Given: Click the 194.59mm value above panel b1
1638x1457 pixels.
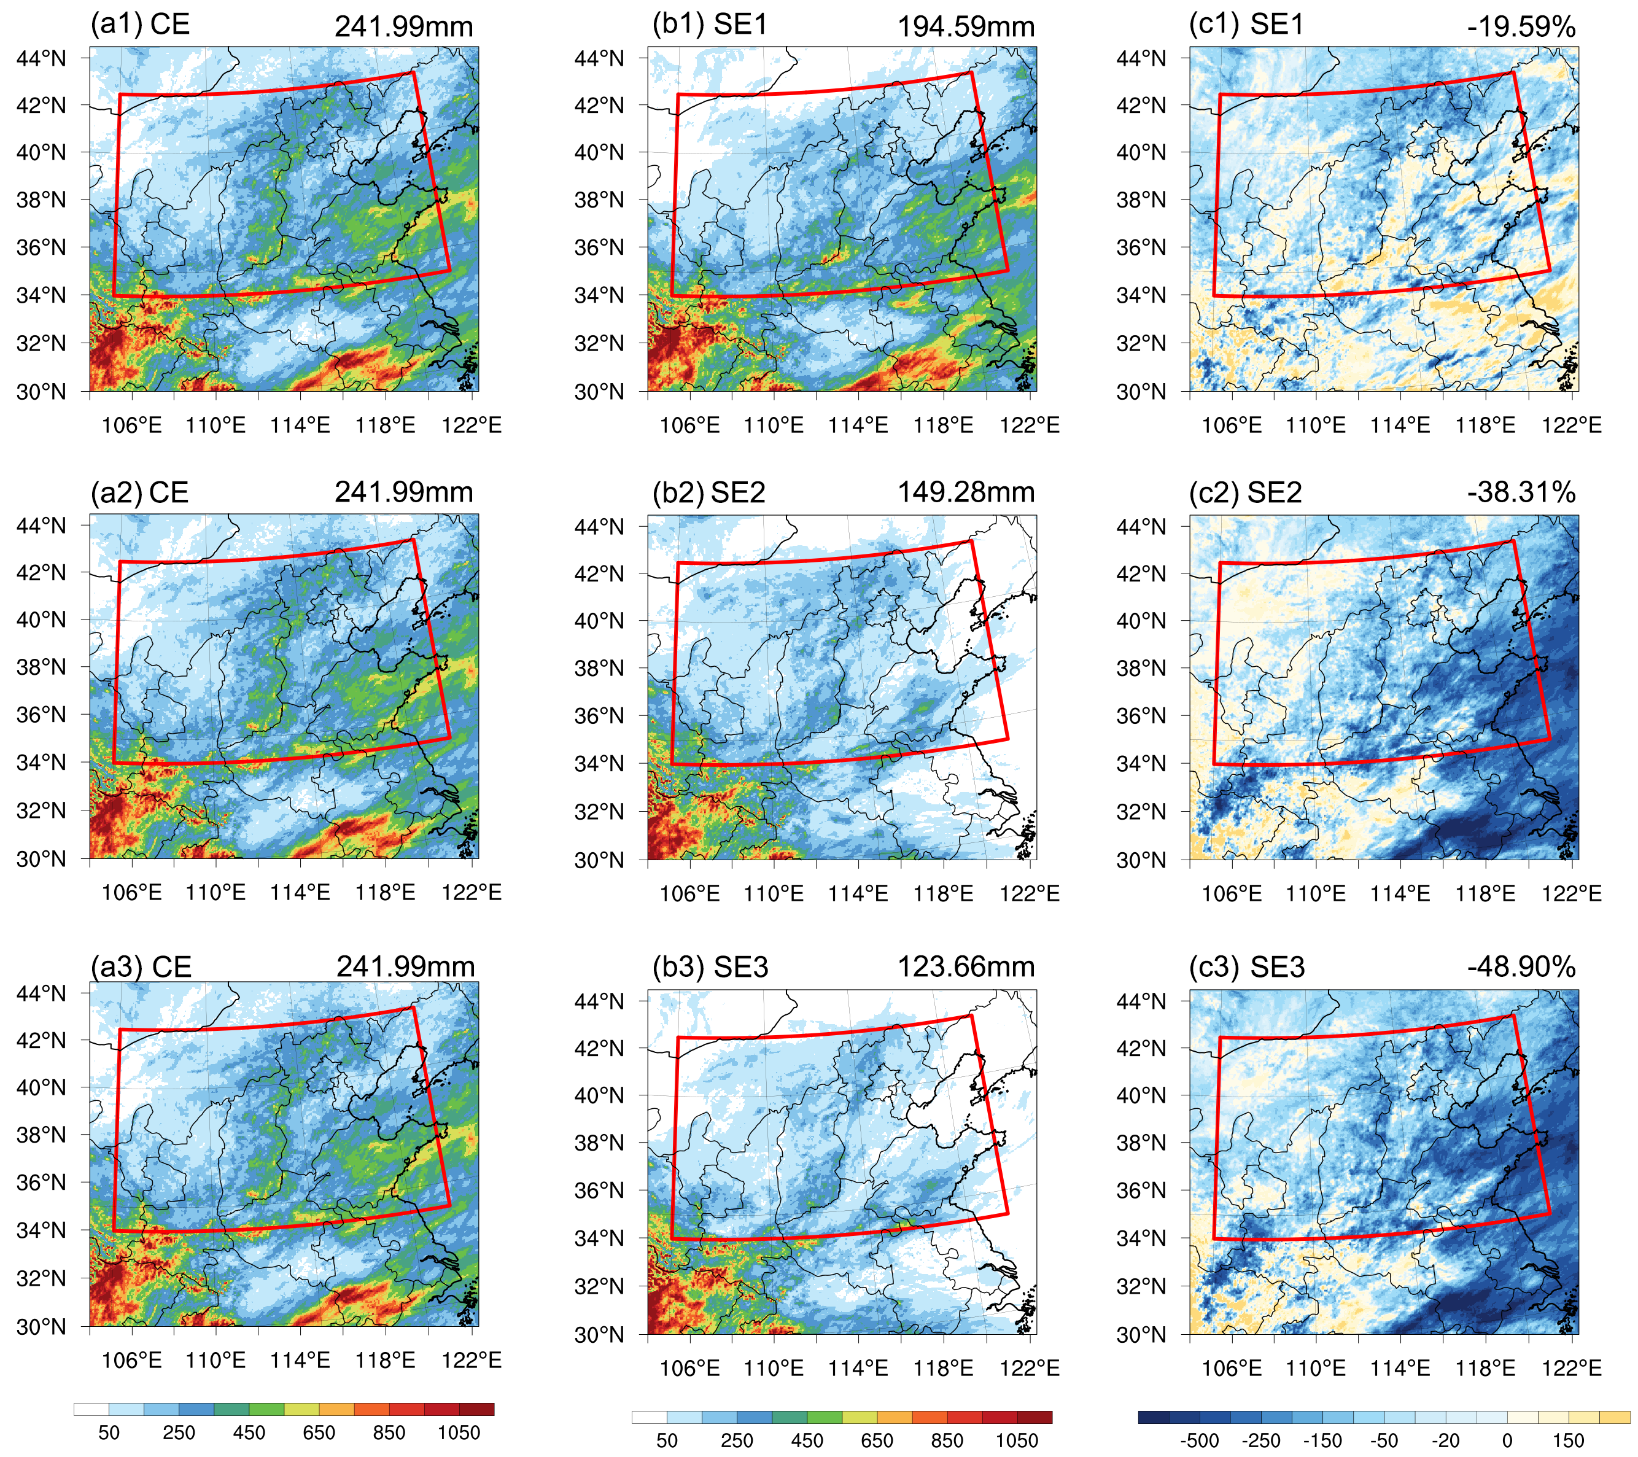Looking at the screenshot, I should pyautogui.click(x=966, y=26).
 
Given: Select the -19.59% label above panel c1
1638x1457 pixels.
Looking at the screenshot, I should pyautogui.click(x=1521, y=26).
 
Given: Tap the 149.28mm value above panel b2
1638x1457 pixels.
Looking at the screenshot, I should pyautogui.click(x=966, y=492).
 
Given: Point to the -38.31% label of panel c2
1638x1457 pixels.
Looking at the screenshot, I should pyautogui.click(x=1521, y=492).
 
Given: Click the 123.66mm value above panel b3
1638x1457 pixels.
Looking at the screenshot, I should pyautogui.click(x=966, y=966).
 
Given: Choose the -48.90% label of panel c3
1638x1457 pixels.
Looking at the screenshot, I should pyautogui.click(x=1521, y=966).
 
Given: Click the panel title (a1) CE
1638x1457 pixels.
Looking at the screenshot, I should pyautogui.click(x=140, y=24).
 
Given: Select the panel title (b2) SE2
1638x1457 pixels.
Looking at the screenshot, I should pyautogui.click(x=708, y=492).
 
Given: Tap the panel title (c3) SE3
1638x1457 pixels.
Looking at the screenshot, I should pyautogui.click(x=1246, y=966).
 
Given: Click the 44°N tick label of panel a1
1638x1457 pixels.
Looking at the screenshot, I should pyautogui.click(x=41, y=58).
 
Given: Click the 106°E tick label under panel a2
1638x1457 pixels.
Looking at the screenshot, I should pyautogui.click(x=131, y=892).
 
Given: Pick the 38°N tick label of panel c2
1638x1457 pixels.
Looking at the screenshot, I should pyautogui.click(x=1141, y=667).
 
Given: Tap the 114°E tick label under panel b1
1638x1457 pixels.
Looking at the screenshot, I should pyautogui.click(x=858, y=425).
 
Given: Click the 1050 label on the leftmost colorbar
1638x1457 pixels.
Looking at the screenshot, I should pyautogui.click(x=459, y=1433).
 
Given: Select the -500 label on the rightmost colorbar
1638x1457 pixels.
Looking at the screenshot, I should pyautogui.click(x=1200, y=1441).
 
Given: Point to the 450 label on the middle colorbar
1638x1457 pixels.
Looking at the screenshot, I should pyautogui.click(x=807, y=1441).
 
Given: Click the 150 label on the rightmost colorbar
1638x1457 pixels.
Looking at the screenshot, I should pyautogui.click(x=1568, y=1441).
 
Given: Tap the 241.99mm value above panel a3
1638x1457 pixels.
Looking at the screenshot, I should pyautogui.click(x=405, y=966).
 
